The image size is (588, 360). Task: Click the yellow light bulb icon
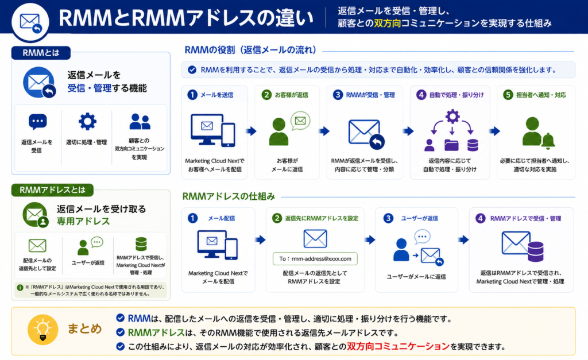tap(42, 330)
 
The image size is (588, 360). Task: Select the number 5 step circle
tap(508, 95)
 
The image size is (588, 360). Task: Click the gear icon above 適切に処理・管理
tap(87, 122)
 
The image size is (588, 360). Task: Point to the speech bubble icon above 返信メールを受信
tap(37, 122)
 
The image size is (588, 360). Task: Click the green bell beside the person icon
tap(548, 140)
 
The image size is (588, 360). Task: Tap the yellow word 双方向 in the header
tap(388, 23)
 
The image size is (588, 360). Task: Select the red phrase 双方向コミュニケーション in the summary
tap(398, 346)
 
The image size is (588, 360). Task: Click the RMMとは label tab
tap(41, 53)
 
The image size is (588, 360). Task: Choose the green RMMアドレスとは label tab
tap(52, 190)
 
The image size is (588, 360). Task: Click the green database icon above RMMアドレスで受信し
tap(141, 244)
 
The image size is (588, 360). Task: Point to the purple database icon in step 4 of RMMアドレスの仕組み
tap(535, 251)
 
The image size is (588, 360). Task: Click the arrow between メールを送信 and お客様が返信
tap(252, 131)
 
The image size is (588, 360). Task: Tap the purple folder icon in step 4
tap(451, 145)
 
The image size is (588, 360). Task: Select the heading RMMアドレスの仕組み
tap(229, 196)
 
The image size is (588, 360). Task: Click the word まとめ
tap(84, 328)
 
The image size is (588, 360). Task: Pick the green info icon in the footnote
tap(20, 288)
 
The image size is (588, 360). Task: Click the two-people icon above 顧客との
tap(140, 122)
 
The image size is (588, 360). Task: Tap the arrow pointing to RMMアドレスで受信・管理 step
tap(463, 239)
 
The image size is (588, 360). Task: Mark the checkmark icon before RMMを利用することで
tap(192, 69)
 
